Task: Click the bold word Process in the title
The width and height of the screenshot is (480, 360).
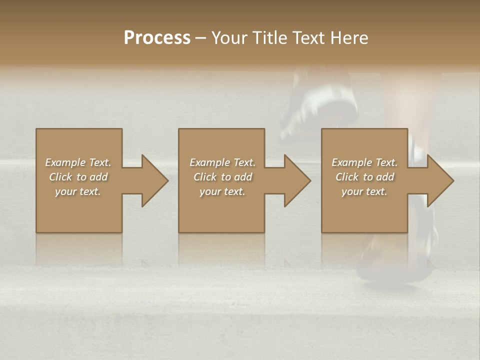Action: (157, 38)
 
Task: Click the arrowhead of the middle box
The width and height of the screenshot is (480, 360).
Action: (296, 180)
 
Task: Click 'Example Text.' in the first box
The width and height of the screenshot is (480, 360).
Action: (78, 162)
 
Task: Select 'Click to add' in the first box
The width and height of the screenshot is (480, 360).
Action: (78, 177)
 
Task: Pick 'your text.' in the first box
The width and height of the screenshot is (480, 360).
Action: (78, 191)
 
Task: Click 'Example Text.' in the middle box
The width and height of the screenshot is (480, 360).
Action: (222, 162)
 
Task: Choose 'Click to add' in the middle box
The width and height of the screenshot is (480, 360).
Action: (222, 177)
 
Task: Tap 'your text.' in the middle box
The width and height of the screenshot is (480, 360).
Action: (222, 191)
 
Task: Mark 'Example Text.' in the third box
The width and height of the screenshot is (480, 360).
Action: (364, 162)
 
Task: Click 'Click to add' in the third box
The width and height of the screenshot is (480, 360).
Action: (364, 177)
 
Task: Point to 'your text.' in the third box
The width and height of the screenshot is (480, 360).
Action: (364, 191)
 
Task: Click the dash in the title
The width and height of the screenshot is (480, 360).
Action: (201, 38)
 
